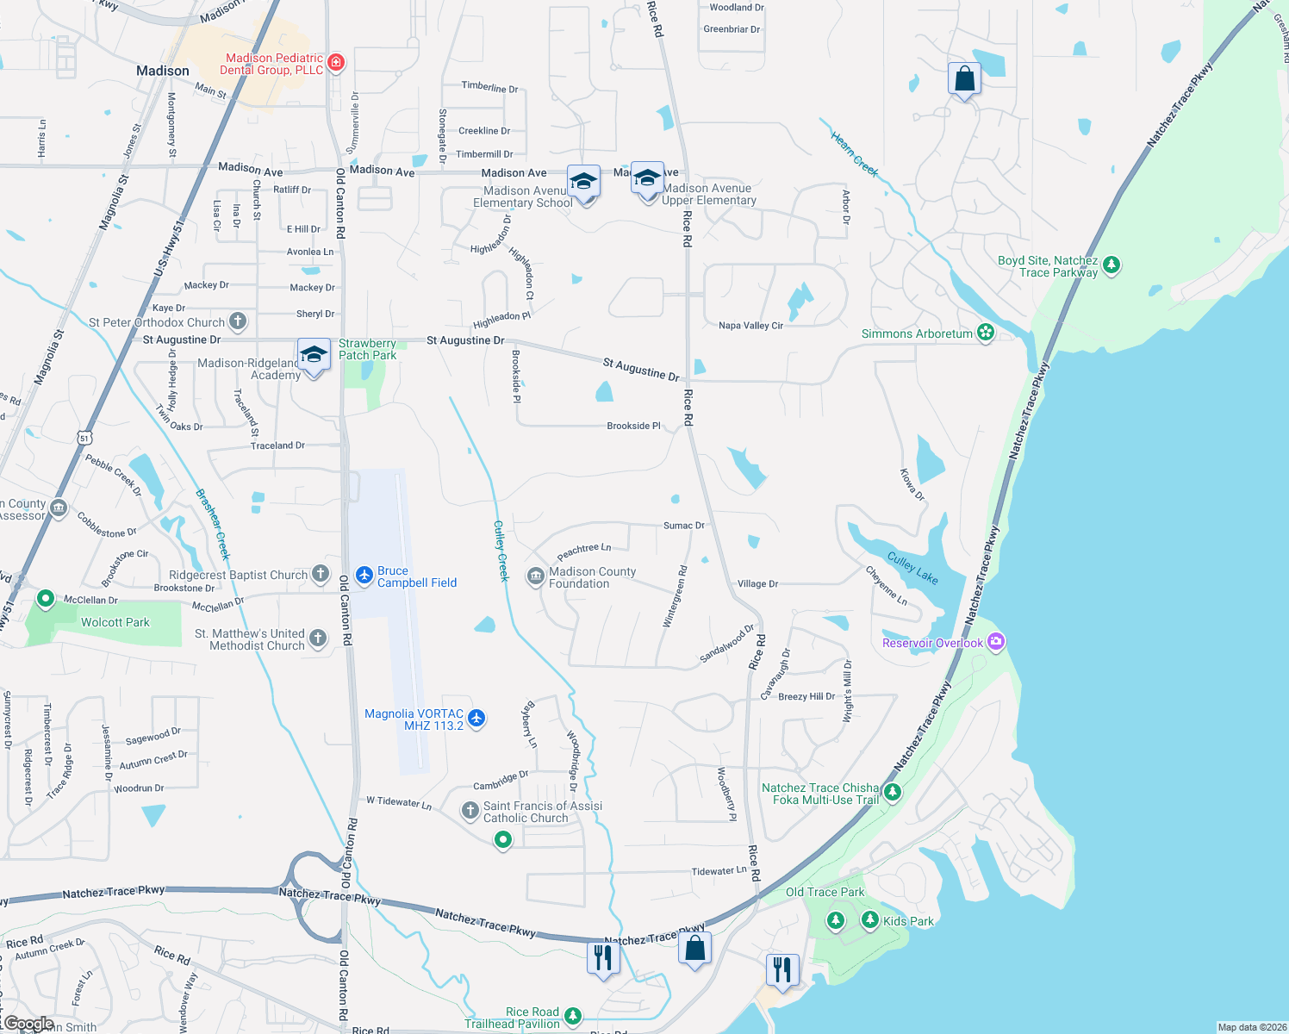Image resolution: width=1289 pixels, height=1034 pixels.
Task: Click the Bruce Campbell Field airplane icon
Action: pos(364,574)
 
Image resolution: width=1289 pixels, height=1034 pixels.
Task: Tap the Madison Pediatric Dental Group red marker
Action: pos(336,62)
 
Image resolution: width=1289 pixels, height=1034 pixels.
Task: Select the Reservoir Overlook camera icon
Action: pos(996,641)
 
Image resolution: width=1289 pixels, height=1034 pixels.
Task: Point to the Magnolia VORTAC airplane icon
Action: pos(476,718)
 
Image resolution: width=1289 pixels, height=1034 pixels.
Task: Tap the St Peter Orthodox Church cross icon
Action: pos(238,321)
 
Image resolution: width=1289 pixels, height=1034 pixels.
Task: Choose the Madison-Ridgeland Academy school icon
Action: pos(314,355)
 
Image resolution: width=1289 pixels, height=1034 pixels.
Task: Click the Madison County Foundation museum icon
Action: pos(535,576)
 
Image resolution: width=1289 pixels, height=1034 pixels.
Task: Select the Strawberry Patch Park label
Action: pos(367,349)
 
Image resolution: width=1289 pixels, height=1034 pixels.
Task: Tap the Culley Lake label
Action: pos(912,569)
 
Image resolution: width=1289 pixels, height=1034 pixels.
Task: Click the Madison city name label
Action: pos(163,71)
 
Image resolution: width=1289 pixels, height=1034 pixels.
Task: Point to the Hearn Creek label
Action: pos(854,153)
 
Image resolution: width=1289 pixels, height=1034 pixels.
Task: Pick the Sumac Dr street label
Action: pos(684,525)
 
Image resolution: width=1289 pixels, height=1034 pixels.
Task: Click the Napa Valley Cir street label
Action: pos(750,326)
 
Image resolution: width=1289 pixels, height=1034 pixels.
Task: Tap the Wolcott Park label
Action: pos(115,622)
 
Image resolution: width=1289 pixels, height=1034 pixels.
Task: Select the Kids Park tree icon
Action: pos(870,920)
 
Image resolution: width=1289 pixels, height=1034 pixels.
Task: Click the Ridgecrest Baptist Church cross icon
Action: pos(321,573)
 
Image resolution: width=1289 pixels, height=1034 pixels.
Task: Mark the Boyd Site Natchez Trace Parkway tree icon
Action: pos(1112,265)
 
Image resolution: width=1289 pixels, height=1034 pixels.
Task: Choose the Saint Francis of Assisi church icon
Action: pos(470,810)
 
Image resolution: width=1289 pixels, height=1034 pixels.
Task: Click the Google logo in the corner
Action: pos(28,1024)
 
